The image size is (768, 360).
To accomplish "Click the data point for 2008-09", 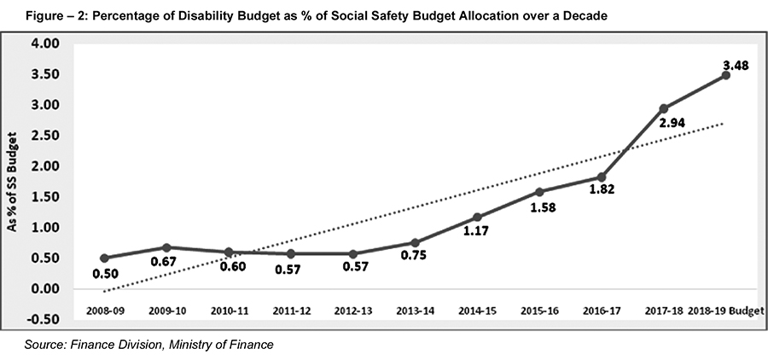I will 104,258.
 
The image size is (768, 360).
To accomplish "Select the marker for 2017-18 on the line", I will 663,108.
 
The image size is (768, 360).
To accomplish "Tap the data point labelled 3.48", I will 725,75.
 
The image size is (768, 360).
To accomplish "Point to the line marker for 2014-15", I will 477,217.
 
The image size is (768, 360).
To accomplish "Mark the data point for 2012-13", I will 352,253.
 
